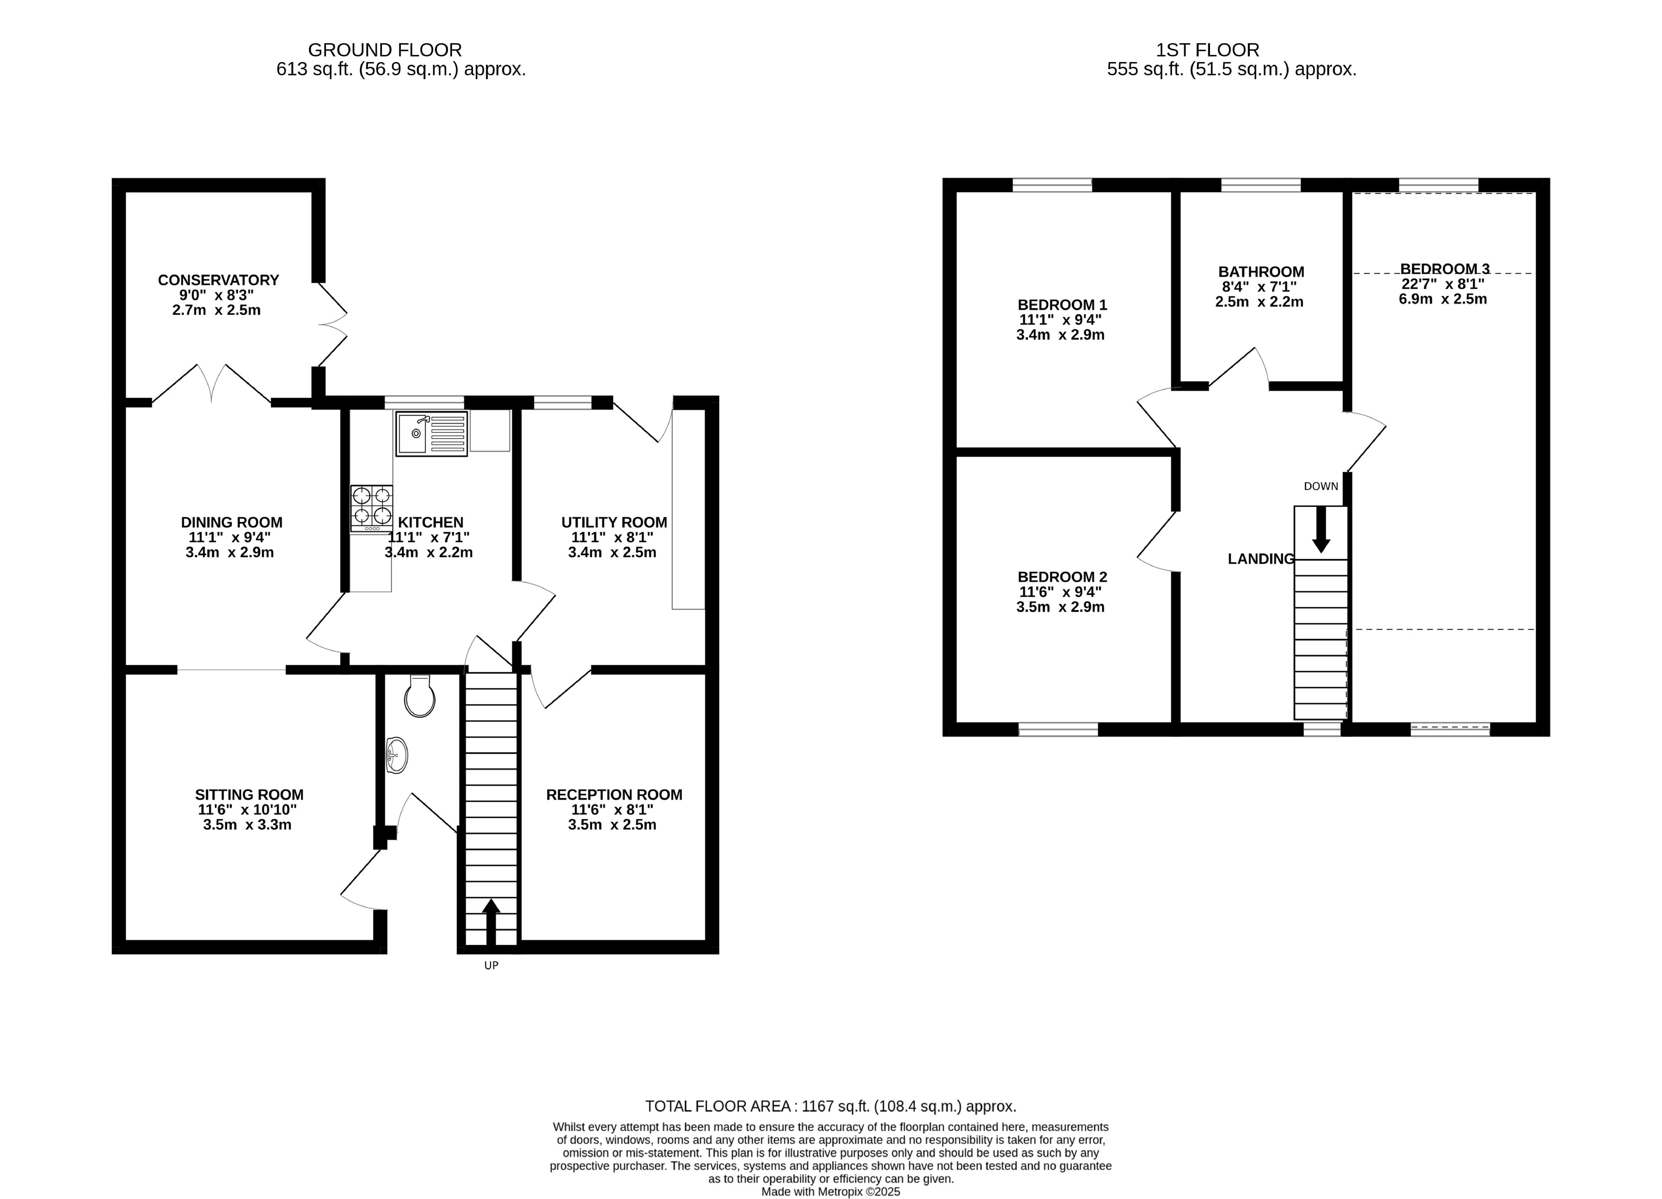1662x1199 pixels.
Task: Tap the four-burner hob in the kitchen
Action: coord(371,507)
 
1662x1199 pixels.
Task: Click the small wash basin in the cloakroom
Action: coord(397,754)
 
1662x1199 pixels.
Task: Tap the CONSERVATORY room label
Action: coord(218,280)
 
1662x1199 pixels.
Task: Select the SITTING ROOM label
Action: coord(249,795)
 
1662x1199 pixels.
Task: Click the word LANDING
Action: coord(1260,559)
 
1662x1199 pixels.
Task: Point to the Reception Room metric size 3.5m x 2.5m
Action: coord(612,825)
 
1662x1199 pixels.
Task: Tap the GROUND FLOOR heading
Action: coord(385,50)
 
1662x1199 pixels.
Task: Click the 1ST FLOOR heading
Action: coord(1207,50)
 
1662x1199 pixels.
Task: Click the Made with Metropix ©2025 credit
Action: coord(830,1192)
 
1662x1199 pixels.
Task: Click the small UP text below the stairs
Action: coord(491,965)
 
